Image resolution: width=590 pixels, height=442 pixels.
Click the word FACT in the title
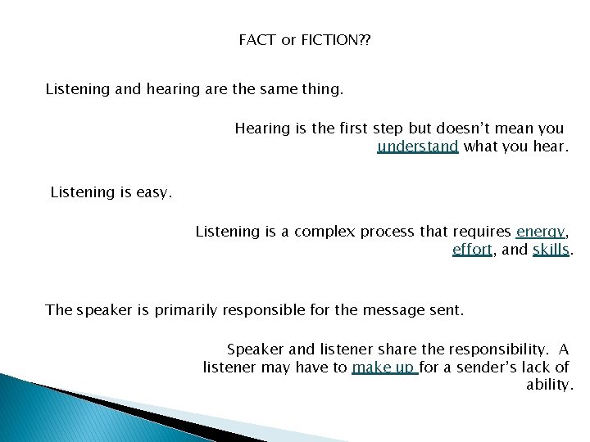point(257,39)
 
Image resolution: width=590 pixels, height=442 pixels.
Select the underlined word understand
point(417,147)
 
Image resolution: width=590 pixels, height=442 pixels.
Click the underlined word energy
point(542,232)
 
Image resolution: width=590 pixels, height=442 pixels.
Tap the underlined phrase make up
point(383,368)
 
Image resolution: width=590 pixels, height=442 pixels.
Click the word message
point(385,309)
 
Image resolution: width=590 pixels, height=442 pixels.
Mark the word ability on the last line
point(548,385)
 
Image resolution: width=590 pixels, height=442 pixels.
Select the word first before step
point(351,129)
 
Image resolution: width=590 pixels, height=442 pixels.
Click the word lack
point(537,368)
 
